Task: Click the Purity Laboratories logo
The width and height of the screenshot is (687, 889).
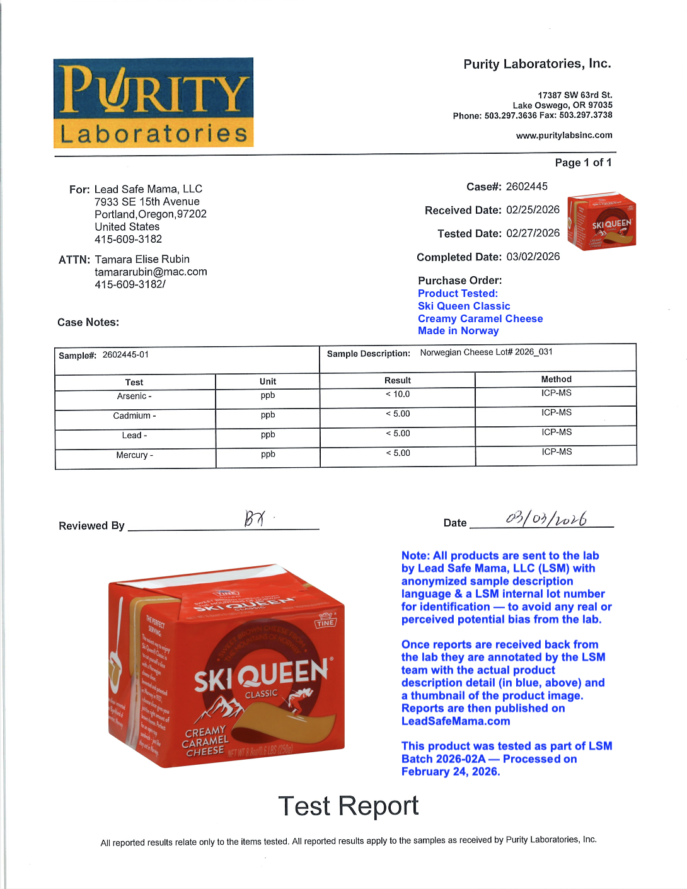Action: pyautogui.click(x=153, y=103)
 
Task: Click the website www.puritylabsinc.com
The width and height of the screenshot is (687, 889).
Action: pyautogui.click(x=563, y=136)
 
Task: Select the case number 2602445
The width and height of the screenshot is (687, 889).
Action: pyautogui.click(x=526, y=187)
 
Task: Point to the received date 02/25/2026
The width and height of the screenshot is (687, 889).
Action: pyautogui.click(x=533, y=210)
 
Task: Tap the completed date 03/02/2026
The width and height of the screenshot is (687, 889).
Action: pyautogui.click(x=533, y=257)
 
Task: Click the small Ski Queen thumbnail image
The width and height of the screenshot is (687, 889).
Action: pyautogui.click(x=601, y=221)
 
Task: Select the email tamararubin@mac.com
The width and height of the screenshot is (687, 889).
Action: pyautogui.click(x=151, y=272)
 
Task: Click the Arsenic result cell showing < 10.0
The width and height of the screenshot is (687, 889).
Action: pyautogui.click(x=398, y=395)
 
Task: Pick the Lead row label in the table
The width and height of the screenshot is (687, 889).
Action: pyautogui.click(x=134, y=436)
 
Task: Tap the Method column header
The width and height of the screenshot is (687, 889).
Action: pyautogui.click(x=556, y=380)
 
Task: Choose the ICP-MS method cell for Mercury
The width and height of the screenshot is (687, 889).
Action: pyautogui.click(x=557, y=452)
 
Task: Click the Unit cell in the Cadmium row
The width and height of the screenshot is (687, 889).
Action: pyautogui.click(x=268, y=415)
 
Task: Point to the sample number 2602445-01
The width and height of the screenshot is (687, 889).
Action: pyautogui.click(x=125, y=355)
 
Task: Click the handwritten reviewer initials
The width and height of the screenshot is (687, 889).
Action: pyautogui.click(x=255, y=518)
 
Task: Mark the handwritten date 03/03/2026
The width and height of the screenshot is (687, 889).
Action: pyautogui.click(x=546, y=519)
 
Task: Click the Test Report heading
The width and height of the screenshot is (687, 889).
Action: pyautogui.click(x=348, y=806)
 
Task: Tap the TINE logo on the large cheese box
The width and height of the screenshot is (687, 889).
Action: pyautogui.click(x=325, y=622)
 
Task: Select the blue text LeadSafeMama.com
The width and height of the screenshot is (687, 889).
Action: pyautogui.click(x=456, y=721)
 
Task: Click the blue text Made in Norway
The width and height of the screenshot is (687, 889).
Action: pyautogui.click(x=458, y=331)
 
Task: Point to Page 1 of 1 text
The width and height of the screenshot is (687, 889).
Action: pyautogui.click(x=583, y=163)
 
